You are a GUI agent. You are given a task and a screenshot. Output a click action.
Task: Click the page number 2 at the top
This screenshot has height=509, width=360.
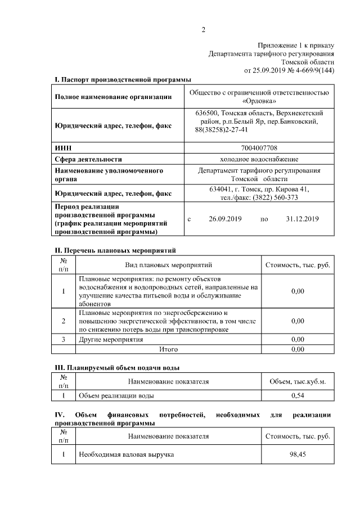pos(204,30)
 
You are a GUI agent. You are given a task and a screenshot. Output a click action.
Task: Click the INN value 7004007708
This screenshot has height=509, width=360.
pos(259,148)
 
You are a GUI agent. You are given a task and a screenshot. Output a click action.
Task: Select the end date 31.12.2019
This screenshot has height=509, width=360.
pos(302,219)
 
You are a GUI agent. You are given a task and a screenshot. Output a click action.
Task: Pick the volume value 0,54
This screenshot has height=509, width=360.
pos(298,396)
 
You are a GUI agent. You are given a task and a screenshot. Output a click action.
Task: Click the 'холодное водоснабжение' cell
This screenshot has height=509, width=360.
pos(259,159)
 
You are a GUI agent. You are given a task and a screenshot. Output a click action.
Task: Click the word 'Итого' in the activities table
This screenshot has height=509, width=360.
pos(169,349)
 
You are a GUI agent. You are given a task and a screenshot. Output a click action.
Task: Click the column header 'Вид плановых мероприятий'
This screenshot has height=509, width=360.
pos(168,264)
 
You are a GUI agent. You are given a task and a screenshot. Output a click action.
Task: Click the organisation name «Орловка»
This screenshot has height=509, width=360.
pos(259,102)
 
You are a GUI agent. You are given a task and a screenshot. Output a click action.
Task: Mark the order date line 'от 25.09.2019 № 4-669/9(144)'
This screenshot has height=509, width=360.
pos(289,70)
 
